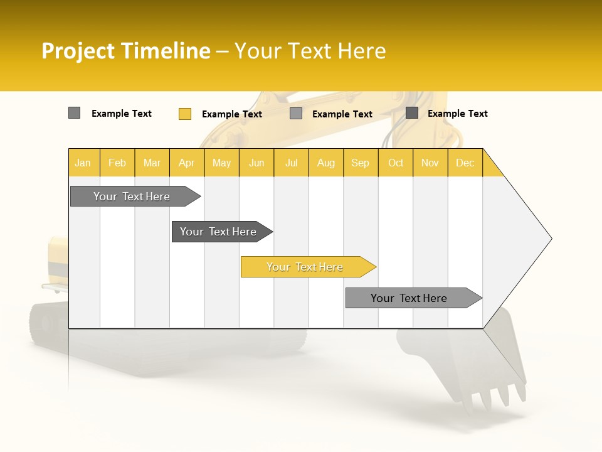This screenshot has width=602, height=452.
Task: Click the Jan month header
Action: (x=83, y=163)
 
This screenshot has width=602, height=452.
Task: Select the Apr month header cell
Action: (x=187, y=163)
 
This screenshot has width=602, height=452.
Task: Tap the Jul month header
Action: (x=291, y=163)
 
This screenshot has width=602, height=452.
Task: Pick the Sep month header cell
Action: (x=361, y=163)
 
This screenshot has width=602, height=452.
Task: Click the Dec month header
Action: (x=465, y=163)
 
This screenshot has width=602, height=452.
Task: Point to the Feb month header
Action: (x=117, y=163)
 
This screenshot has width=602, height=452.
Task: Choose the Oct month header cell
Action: (x=396, y=163)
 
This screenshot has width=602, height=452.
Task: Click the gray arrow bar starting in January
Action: (x=132, y=196)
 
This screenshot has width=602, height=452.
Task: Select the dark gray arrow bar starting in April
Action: (x=219, y=232)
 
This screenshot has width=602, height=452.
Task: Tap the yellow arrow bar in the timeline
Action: (x=305, y=267)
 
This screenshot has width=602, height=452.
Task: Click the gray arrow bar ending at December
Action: (x=409, y=298)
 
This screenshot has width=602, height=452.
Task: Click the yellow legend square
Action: (x=185, y=114)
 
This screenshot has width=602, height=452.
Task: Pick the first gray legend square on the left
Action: (x=74, y=113)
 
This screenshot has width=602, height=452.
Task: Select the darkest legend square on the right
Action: (x=412, y=113)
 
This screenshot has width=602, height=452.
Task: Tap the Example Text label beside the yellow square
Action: (x=232, y=114)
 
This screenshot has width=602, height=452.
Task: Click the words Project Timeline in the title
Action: (x=126, y=51)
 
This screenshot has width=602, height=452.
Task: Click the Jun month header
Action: (x=256, y=163)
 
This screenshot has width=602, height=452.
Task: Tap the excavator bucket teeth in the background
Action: (x=495, y=395)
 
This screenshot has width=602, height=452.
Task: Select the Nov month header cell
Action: (x=430, y=163)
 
